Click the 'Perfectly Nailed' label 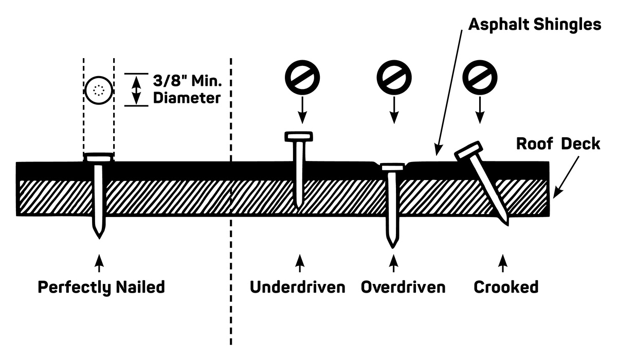101,286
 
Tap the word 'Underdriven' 298,286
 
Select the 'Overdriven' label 403,286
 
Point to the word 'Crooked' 506,286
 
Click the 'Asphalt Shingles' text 535,24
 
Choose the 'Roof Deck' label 558,143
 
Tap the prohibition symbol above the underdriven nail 302,77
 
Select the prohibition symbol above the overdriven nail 394,77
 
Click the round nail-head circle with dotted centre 98,90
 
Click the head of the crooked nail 468,151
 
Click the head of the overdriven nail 392,166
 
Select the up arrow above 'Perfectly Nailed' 99,262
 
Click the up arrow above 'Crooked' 503,262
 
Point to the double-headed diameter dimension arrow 135,89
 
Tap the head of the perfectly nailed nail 98,158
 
